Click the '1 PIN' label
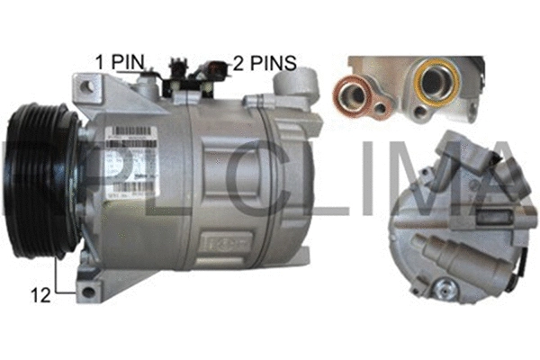[120, 61]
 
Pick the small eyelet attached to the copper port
[382, 110]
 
